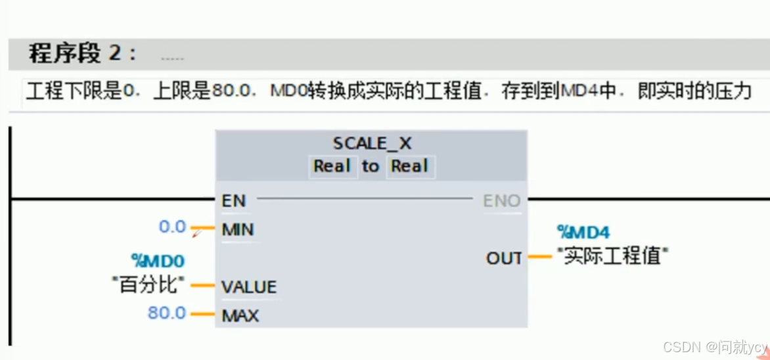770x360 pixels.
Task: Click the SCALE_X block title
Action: click(372, 143)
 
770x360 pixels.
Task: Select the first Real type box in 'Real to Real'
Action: click(332, 166)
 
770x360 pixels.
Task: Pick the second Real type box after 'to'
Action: click(409, 166)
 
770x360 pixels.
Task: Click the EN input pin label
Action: click(233, 200)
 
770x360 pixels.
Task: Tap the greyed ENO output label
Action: click(501, 200)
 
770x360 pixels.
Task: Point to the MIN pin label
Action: click(238, 229)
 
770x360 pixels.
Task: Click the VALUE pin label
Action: click(249, 287)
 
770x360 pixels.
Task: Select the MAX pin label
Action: click(240, 315)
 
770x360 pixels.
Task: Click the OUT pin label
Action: click(504, 258)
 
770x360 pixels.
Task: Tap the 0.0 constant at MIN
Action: click(172, 227)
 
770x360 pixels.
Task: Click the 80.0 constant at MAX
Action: click(167, 313)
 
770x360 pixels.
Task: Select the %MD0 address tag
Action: click(157, 261)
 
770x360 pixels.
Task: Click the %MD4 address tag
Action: click(583, 232)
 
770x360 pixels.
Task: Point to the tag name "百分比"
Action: click(148, 285)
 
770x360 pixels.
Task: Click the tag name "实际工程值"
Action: click(612, 256)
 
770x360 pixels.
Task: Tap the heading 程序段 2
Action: click(82, 53)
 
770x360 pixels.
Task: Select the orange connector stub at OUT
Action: click(539, 257)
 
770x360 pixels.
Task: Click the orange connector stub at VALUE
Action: click(202, 286)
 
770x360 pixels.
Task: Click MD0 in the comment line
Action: click(288, 91)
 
